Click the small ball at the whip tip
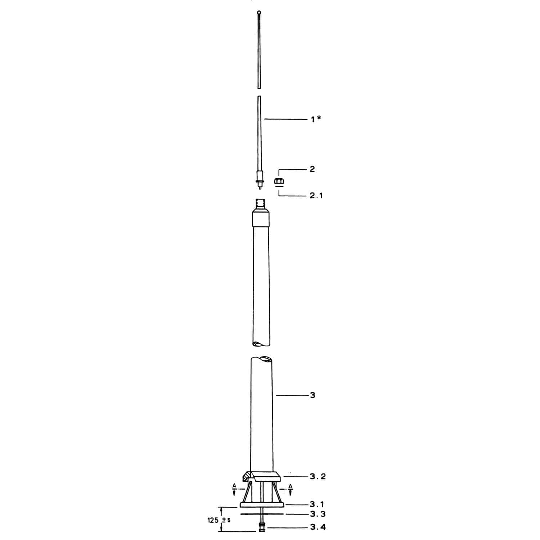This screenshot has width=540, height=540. click(259, 13)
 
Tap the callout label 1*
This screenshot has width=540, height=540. click(316, 119)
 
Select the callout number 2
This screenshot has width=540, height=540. click(312, 169)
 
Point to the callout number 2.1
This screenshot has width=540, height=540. click(316, 196)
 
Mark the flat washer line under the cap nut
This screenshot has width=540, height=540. click(278, 186)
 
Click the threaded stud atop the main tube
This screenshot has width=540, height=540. click(260, 204)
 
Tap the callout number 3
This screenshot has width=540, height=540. click(312, 395)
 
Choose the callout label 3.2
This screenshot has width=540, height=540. click(318, 477)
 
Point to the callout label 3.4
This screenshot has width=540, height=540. click(318, 528)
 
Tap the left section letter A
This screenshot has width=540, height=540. click(234, 486)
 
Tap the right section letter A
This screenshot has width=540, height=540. click(291, 486)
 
